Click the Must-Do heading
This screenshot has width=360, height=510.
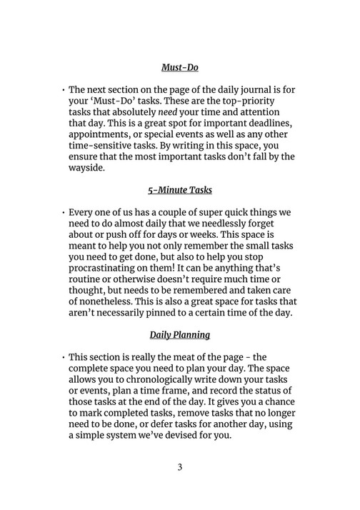pos(179,68)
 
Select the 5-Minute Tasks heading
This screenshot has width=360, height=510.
pos(179,191)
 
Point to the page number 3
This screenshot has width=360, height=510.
pos(180,468)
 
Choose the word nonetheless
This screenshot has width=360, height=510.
pos(114,301)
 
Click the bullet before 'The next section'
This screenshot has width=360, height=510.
pos(64,94)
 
